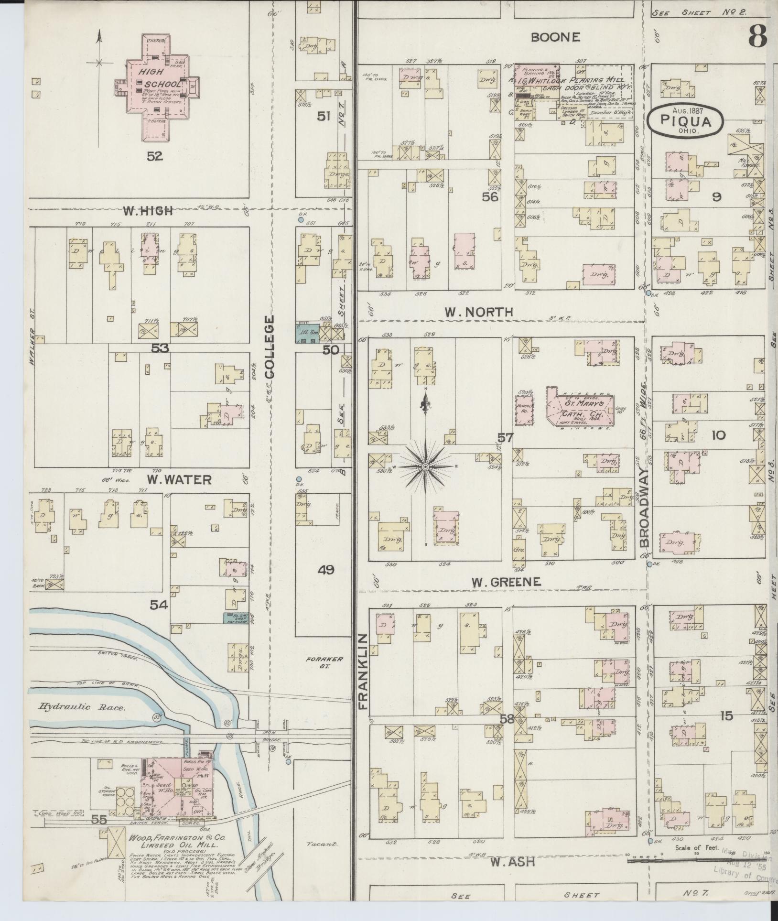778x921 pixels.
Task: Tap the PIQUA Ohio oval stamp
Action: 686,121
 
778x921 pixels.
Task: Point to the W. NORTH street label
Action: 479,312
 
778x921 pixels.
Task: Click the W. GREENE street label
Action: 506,582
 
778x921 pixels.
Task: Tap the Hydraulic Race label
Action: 82,707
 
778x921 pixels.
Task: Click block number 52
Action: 155,156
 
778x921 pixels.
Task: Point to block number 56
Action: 490,196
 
